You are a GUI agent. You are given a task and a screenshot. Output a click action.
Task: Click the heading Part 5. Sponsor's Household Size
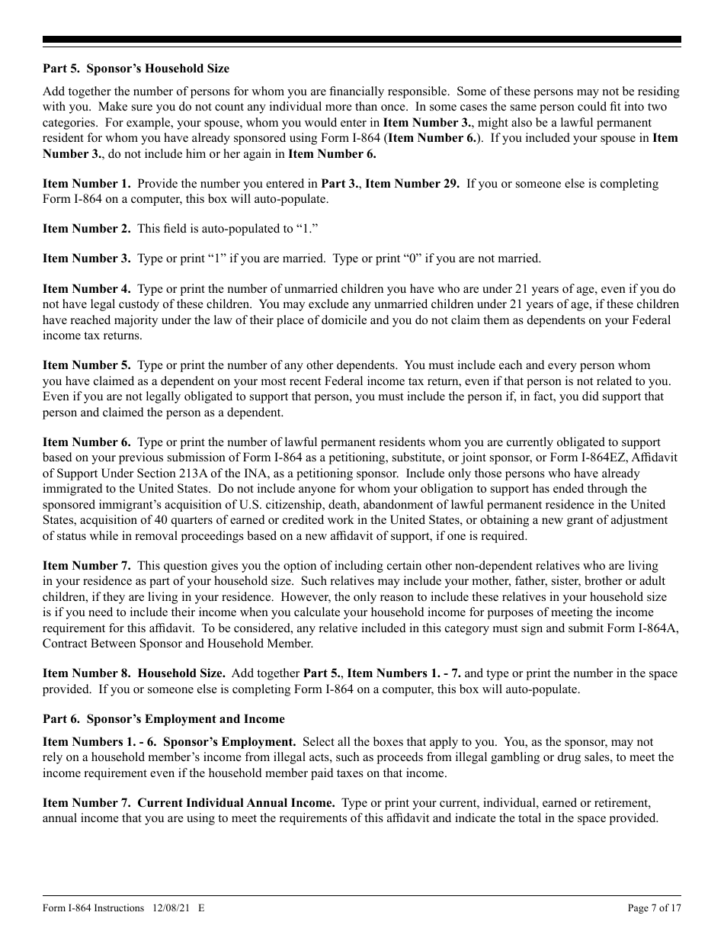(x=136, y=69)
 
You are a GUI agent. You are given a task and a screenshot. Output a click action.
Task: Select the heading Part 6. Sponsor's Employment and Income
(x=163, y=719)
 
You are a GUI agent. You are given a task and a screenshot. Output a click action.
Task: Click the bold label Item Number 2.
(x=86, y=228)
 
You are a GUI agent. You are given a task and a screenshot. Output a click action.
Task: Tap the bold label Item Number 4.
(x=86, y=289)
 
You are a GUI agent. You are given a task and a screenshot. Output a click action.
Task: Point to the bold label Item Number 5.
(x=86, y=366)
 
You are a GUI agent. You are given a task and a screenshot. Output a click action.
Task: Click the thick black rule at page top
(x=362, y=39)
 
